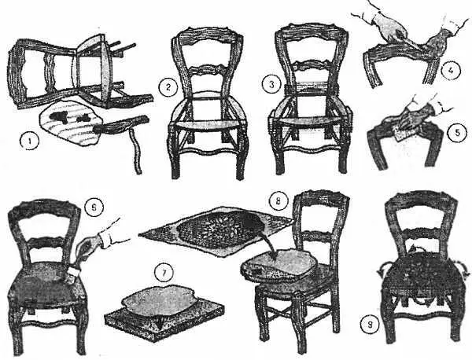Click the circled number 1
click(x=30, y=142)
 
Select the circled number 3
click(x=271, y=85)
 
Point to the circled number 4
click(x=452, y=71)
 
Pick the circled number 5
click(x=457, y=133)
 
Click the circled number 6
click(x=94, y=207)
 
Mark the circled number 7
click(x=164, y=273)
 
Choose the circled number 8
click(x=278, y=200)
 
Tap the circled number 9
click(x=371, y=324)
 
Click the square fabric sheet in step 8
click(x=216, y=230)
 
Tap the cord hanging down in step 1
click(x=135, y=150)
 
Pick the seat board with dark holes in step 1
click(x=70, y=123)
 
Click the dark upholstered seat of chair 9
click(x=422, y=274)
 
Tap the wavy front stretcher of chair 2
click(x=208, y=151)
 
